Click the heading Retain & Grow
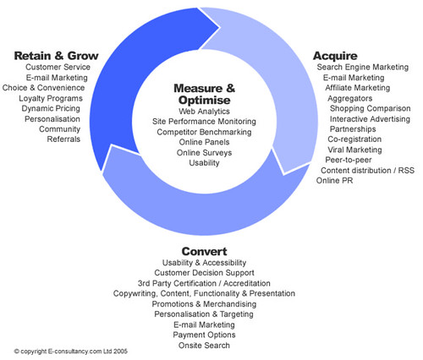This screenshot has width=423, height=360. [x=56, y=56]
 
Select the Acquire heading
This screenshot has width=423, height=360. [x=335, y=56]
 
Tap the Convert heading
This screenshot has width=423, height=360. [x=204, y=251]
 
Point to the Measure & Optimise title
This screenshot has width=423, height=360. [x=204, y=94]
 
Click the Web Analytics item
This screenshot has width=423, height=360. [x=204, y=112]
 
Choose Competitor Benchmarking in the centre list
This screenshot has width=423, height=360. [x=204, y=132]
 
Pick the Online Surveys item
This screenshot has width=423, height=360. [x=204, y=153]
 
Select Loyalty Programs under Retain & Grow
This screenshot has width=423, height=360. [x=51, y=99]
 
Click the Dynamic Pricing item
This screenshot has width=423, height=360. [x=51, y=109]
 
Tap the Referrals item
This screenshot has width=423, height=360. [x=63, y=139]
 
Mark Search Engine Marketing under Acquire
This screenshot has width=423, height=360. [x=363, y=68]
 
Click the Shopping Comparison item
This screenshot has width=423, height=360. [x=371, y=108]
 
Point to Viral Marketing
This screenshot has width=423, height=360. [x=354, y=150]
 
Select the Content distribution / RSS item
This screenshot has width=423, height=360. [x=368, y=171]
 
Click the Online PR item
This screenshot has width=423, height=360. [x=334, y=180]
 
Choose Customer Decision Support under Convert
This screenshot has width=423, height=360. [x=204, y=273]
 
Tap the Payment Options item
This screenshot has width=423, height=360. [x=204, y=335]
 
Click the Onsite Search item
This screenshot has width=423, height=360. [x=204, y=346]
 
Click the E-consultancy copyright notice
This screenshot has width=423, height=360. [x=71, y=352]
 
